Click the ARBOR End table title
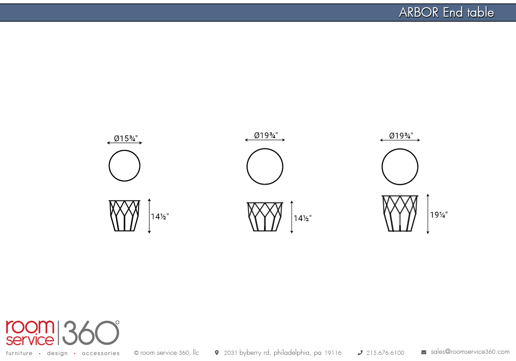tap(447, 12)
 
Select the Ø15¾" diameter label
tap(126, 138)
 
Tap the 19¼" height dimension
tap(439, 215)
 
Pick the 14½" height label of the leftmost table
tap(160, 216)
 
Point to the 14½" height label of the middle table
tap(302, 218)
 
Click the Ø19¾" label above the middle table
tap(266, 135)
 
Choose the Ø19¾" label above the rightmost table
tap(401, 135)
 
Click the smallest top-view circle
tap(125, 150)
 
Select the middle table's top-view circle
tap(265, 149)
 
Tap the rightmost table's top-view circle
tap(400, 149)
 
